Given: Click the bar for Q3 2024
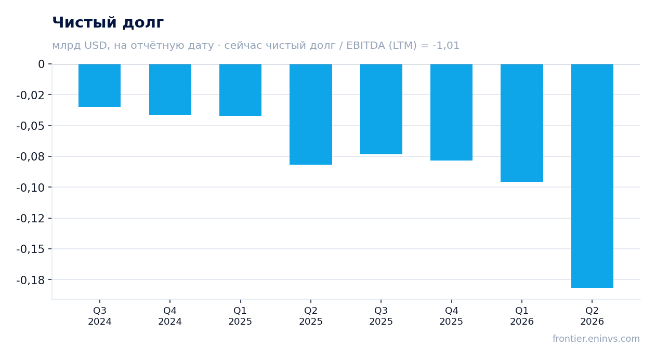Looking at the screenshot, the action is [100, 86].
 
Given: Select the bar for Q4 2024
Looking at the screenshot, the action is [170, 89].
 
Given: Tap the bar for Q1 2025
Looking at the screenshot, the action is [241, 90].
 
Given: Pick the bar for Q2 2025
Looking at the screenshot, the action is [311, 114].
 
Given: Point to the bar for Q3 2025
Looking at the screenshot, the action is [381, 109].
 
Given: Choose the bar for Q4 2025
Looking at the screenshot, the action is [451, 112].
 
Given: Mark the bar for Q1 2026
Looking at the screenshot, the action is [522, 123].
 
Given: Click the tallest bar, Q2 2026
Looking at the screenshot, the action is [592, 176].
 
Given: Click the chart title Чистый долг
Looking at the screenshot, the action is [108, 22].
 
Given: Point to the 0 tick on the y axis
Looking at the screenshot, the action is [41, 64].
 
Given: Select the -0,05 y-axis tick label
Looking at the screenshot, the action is [31, 126].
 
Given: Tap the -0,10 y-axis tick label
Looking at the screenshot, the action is [31, 188].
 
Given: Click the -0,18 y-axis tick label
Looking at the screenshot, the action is [31, 280].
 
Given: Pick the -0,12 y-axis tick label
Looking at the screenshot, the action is [31, 219].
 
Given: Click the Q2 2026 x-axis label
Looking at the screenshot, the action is [592, 316].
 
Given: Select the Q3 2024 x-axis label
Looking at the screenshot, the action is [100, 316].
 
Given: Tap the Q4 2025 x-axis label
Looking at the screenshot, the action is [451, 316].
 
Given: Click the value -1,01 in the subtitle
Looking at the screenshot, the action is [446, 46].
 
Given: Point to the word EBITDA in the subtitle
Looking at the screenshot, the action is [365, 46].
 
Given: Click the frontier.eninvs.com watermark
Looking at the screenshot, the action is [596, 339].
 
